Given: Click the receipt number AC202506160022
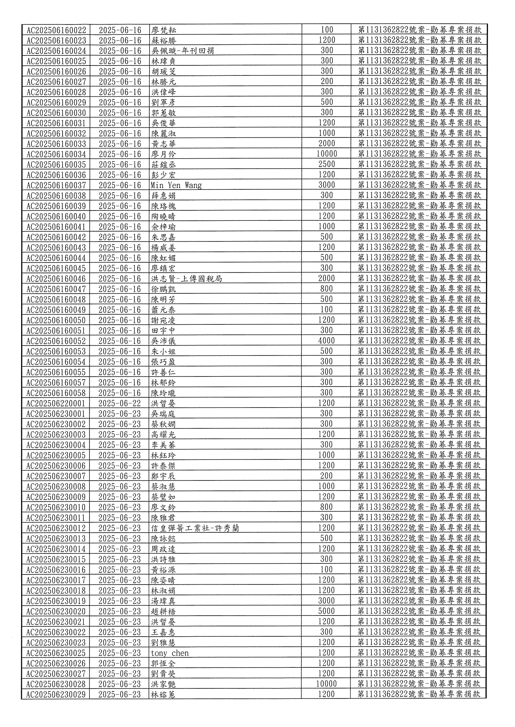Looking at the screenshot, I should point(56,30).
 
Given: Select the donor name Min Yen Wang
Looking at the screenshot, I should point(176,185).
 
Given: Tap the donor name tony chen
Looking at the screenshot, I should point(170,653).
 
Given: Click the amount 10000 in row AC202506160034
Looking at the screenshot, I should point(326,154).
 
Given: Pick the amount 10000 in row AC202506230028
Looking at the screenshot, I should point(326,684).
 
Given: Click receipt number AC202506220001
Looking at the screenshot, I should point(56,403).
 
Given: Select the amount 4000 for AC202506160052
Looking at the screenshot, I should point(326,341).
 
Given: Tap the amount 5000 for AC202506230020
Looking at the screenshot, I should point(326,611).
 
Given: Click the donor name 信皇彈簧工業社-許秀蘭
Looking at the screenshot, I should point(195,528).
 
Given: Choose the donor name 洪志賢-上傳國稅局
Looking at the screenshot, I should point(187,279).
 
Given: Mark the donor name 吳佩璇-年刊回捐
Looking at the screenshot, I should point(182,51).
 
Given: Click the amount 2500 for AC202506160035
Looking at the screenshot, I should point(326,164).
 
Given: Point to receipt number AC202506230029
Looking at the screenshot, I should point(56,694).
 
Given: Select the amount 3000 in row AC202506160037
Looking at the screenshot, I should point(326,185).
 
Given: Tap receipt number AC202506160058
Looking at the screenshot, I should point(56,393).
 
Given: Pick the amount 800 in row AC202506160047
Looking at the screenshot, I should point(326,289).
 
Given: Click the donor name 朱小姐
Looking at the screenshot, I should point(163,351).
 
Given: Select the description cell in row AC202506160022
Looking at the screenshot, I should point(419,30).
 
